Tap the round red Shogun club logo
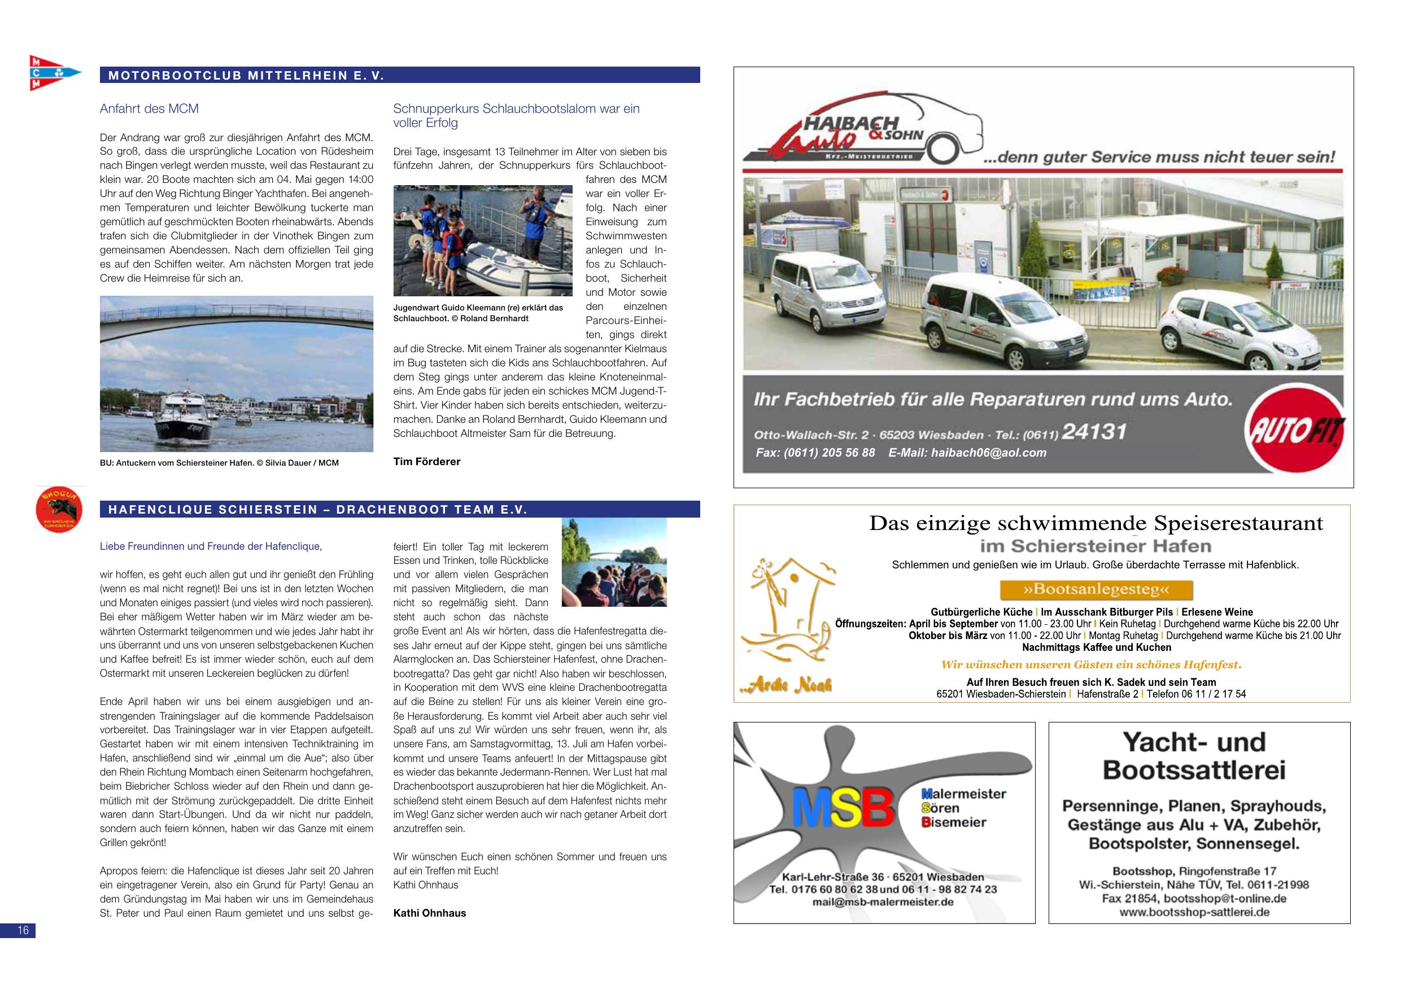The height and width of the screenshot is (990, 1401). [60, 509]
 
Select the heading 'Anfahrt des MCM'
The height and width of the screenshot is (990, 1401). [149, 108]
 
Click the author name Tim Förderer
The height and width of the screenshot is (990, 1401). [426, 462]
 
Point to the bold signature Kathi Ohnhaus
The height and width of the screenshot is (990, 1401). [429, 913]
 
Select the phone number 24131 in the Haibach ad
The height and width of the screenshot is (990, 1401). [1093, 432]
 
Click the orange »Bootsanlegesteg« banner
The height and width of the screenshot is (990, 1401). [1096, 590]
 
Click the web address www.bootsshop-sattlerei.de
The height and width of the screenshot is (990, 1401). [1194, 913]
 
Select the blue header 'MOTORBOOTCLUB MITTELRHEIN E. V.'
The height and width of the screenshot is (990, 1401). [246, 76]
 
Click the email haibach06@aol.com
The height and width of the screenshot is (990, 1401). [989, 453]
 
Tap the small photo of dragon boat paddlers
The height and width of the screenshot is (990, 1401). [613, 563]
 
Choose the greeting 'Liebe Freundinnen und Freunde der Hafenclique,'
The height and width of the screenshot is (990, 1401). [211, 546]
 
